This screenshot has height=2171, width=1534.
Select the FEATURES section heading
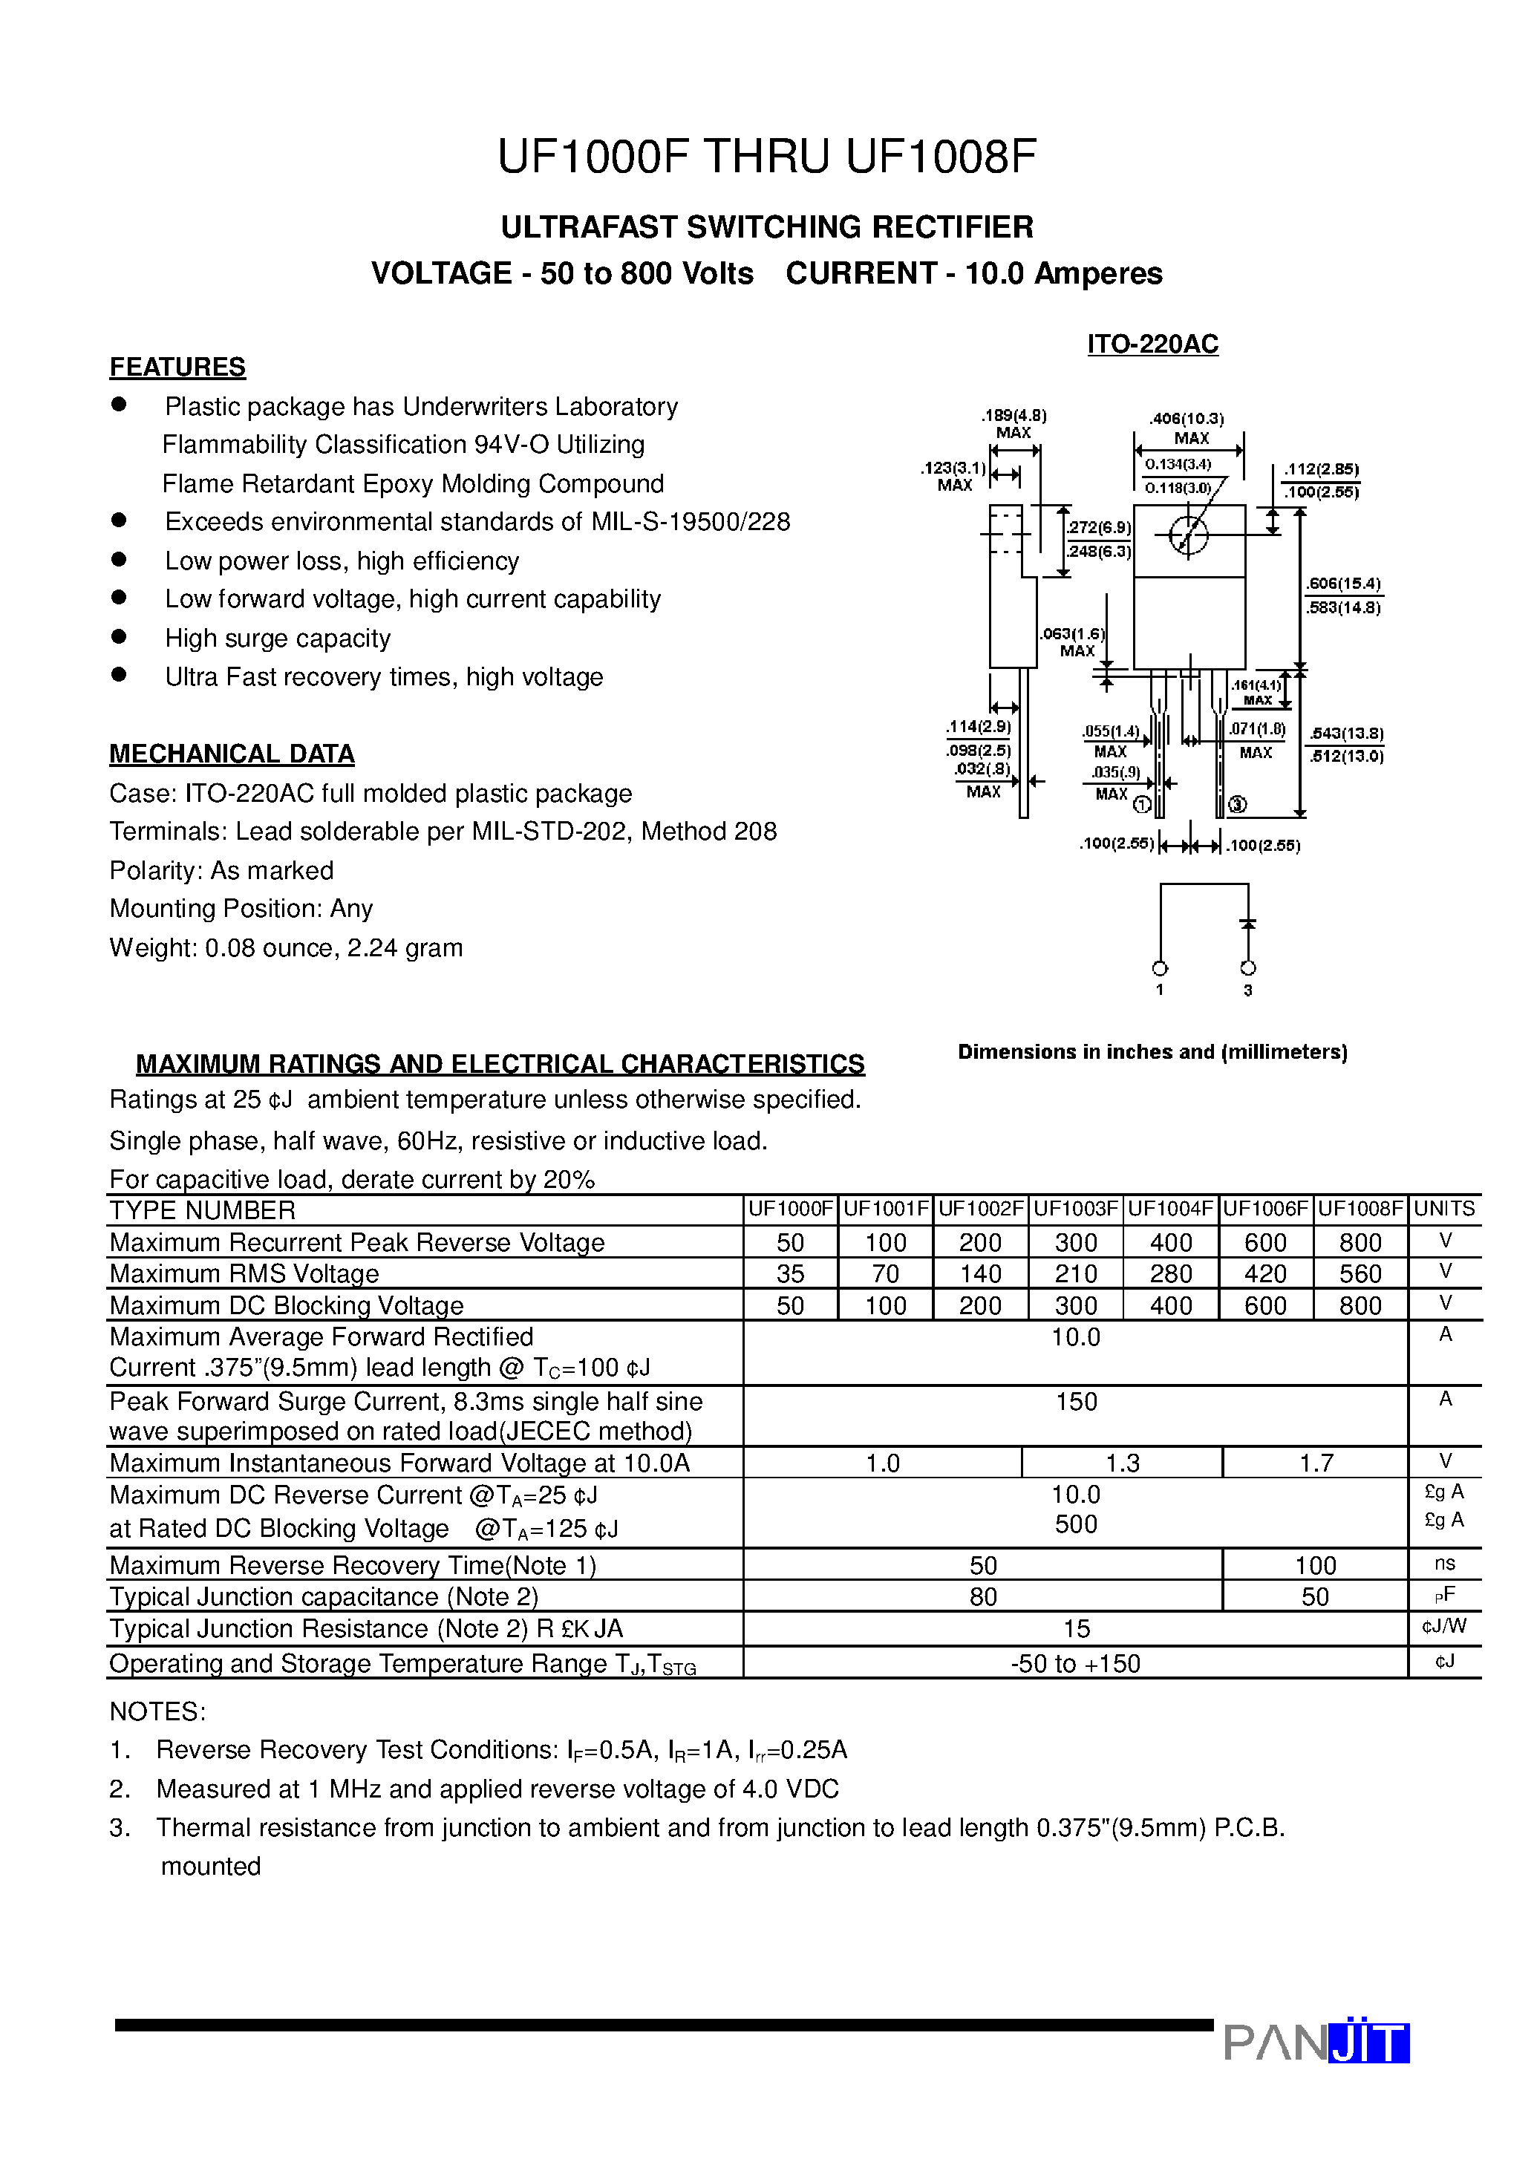pyautogui.click(x=177, y=367)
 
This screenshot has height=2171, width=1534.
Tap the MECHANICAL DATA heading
pyautogui.click(x=232, y=754)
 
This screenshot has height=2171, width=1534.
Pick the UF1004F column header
pyautogui.click(x=1170, y=1209)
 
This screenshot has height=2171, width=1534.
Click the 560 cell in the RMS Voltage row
pyautogui.click(x=1360, y=1273)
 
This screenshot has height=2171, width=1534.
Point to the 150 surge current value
pyautogui.click(x=1077, y=1401)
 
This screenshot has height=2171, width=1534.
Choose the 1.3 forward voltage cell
pyautogui.click(x=1123, y=1463)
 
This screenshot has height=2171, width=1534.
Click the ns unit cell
pyautogui.click(x=1444, y=1564)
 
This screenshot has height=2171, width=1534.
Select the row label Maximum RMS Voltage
pyautogui.click(x=244, y=1273)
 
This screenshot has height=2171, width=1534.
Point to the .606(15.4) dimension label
pyautogui.click(x=1343, y=584)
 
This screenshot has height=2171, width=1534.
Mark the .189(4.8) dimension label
pyautogui.click(x=1013, y=415)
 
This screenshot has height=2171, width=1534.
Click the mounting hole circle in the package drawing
pyautogui.click(x=1188, y=535)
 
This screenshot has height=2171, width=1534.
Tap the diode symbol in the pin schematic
pyautogui.click(x=1247, y=923)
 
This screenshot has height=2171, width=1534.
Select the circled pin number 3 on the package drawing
pyautogui.click(x=1237, y=805)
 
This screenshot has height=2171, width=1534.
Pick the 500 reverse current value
pyautogui.click(x=1077, y=1524)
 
